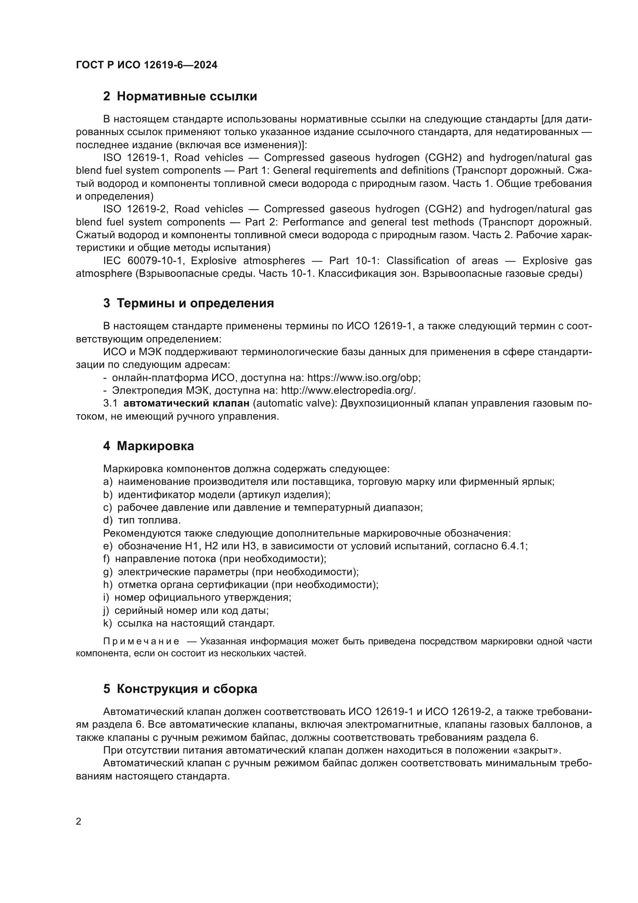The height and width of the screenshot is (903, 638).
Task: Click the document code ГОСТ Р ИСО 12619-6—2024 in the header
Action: pos(147,65)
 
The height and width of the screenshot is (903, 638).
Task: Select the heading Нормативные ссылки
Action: pos(187,97)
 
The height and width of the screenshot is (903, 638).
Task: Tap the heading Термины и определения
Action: pos(195,303)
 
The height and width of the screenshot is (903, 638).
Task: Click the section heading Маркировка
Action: pos(155,446)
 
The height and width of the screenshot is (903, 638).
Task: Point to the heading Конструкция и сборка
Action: pos(187,689)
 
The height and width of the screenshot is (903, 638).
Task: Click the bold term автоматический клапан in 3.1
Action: pos(186,403)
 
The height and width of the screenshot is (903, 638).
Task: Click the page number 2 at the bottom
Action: pos(79,821)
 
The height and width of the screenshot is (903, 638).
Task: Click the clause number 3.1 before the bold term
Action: pos(110,403)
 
